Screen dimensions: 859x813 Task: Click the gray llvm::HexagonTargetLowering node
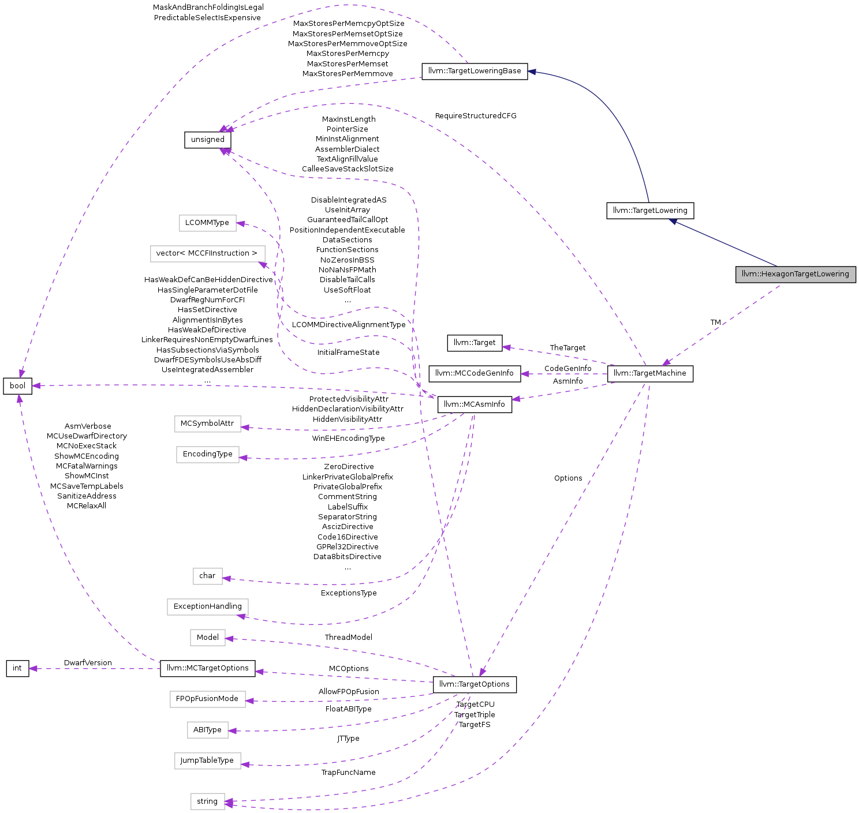click(795, 275)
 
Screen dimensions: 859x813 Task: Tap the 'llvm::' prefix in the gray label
click(751, 274)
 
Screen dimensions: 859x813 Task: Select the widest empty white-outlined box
click(208, 254)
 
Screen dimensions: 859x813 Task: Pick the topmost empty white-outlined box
click(208, 223)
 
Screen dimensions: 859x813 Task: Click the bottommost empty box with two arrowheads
click(208, 801)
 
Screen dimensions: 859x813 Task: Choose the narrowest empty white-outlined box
click(208, 576)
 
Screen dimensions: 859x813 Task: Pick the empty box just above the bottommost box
click(208, 761)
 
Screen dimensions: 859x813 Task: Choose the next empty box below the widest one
click(208, 424)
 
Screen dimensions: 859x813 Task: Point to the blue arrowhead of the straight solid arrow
click(673, 221)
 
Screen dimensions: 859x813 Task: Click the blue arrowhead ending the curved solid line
click(532, 72)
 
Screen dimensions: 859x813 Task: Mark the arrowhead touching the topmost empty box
click(241, 223)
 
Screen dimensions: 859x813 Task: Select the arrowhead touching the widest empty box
click(263, 265)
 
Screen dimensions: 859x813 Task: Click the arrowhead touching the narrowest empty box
click(227, 578)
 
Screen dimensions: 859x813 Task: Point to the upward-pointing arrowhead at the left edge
click(20, 399)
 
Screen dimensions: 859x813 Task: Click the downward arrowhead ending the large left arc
click(21, 373)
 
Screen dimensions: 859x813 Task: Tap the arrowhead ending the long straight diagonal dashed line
click(483, 672)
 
